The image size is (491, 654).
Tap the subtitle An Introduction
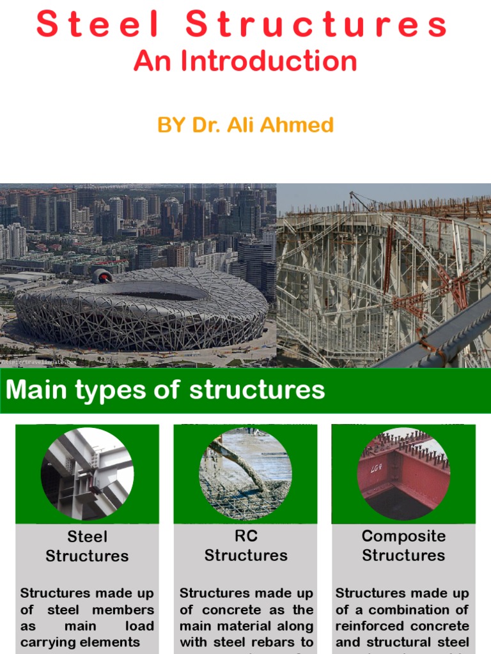(245, 61)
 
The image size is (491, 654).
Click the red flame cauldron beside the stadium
(102, 276)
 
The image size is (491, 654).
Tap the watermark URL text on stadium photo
(38, 362)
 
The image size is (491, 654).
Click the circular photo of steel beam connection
(87, 473)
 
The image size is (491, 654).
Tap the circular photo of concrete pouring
(245, 473)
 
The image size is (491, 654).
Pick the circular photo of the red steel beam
(403, 473)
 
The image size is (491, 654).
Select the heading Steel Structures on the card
(87, 546)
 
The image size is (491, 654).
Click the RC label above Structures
(245, 536)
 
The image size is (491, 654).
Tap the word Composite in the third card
(403, 536)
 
